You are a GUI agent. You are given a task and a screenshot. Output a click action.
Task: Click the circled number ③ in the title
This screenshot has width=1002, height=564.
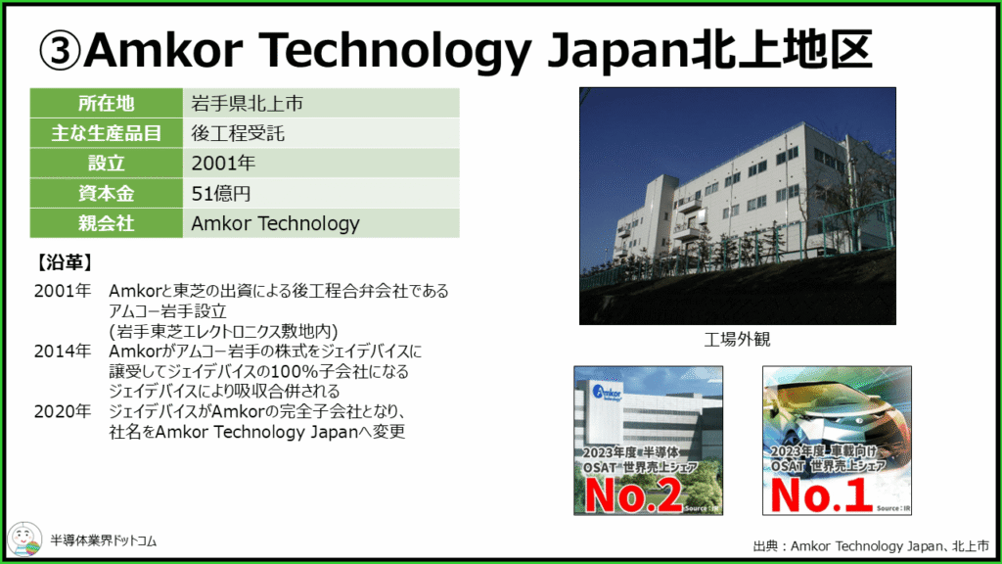click(60, 51)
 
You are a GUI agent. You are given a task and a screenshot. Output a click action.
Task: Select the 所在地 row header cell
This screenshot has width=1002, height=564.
click(106, 103)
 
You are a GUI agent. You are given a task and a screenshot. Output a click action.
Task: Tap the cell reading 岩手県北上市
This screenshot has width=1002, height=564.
click(321, 103)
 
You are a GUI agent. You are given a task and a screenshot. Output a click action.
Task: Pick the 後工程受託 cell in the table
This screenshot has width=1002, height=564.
click(321, 133)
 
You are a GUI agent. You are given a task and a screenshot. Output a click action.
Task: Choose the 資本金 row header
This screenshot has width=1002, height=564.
click(106, 193)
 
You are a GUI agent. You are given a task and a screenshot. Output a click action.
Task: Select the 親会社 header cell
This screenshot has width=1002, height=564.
click(106, 223)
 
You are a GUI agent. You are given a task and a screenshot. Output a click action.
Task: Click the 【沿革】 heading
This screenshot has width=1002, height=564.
click(64, 262)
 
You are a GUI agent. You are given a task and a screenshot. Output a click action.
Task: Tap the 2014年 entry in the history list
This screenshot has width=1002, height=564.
click(63, 352)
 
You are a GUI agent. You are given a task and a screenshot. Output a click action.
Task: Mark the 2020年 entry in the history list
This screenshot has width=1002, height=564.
click(63, 411)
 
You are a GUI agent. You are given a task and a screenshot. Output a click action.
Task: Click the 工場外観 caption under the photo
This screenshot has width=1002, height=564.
click(737, 339)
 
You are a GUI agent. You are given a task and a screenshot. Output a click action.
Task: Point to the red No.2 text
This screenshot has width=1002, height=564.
click(633, 494)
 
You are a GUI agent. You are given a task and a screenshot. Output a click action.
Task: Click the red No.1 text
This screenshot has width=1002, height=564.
click(821, 494)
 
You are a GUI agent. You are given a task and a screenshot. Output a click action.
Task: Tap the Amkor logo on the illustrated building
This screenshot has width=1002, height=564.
click(607, 392)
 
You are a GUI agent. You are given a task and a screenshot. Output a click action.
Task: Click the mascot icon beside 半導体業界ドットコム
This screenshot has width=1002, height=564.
click(24, 540)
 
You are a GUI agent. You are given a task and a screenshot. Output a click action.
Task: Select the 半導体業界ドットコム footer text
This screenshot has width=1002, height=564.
click(104, 540)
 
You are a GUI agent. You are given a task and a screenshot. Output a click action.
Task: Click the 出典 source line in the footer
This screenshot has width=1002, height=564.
click(871, 546)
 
